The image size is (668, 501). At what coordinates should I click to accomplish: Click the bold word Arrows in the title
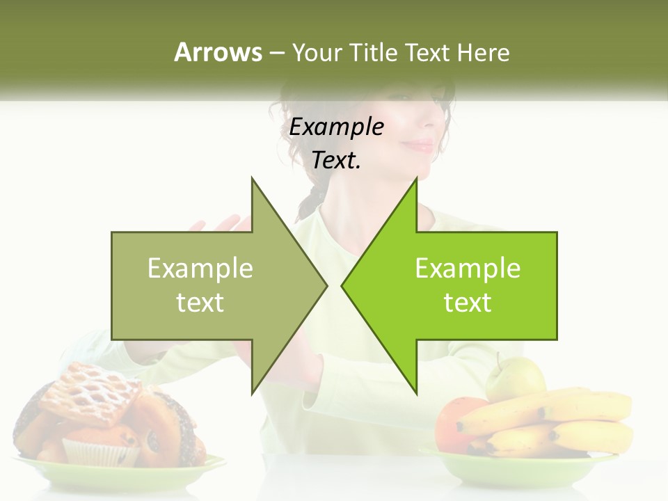(x=218, y=52)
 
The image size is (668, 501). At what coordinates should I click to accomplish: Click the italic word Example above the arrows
(x=336, y=127)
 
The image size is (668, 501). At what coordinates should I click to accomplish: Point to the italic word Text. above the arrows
(x=336, y=161)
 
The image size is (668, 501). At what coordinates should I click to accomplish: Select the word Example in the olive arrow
(x=200, y=268)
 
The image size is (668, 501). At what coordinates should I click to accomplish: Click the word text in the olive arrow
(x=200, y=303)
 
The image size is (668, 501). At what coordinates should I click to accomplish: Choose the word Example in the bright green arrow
(x=468, y=268)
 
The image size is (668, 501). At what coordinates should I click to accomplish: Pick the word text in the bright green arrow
(x=468, y=303)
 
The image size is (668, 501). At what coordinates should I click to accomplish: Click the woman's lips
(x=419, y=145)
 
